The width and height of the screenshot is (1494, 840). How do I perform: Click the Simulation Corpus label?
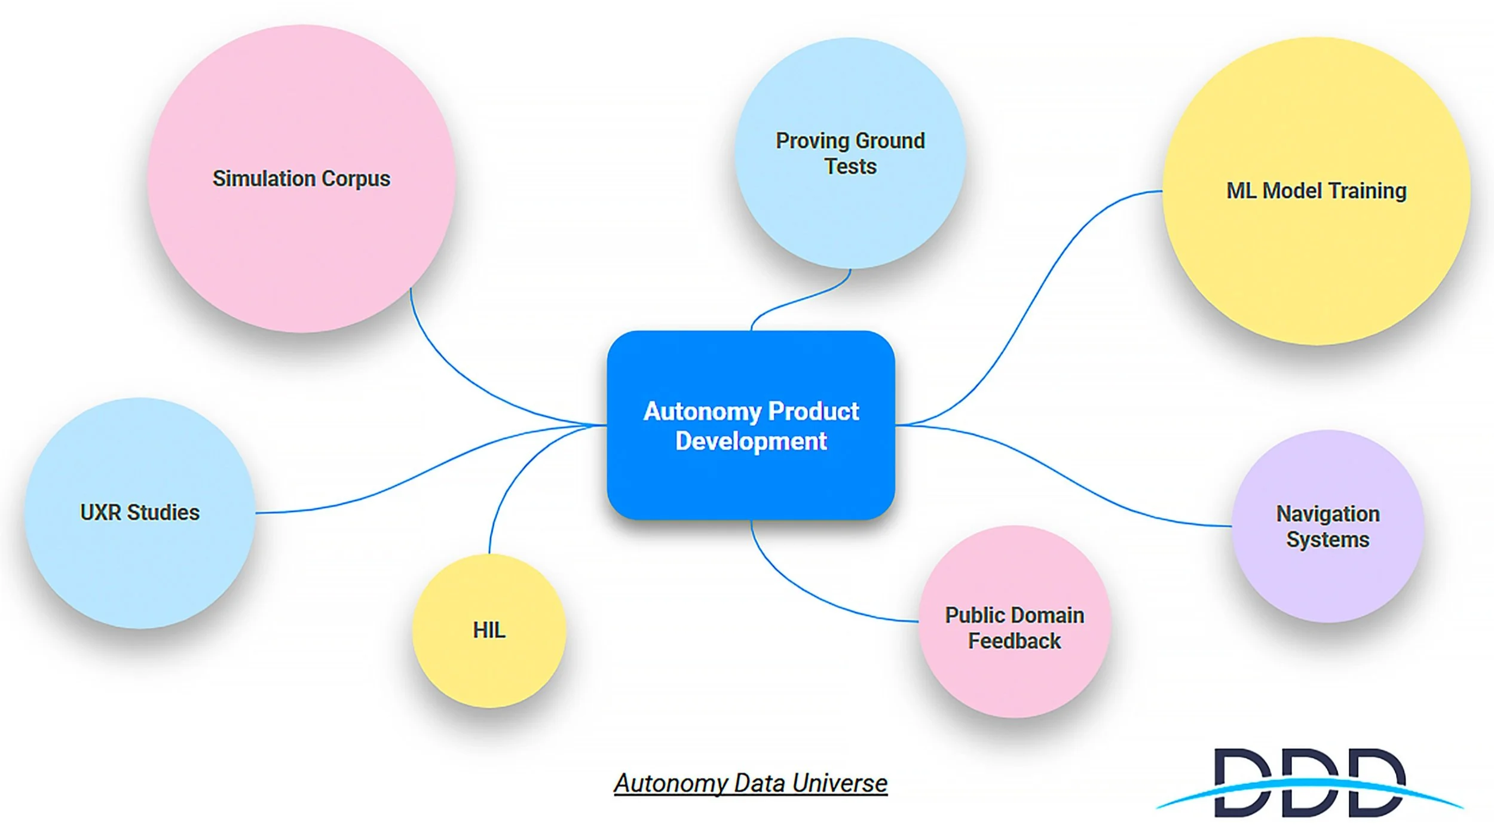pyautogui.click(x=301, y=179)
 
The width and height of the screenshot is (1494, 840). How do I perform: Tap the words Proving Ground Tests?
pyautogui.click(x=850, y=154)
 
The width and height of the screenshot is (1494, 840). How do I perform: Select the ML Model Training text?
pyautogui.click(x=1316, y=191)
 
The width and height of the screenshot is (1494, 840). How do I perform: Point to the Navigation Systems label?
pyautogui.click(x=1327, y=526)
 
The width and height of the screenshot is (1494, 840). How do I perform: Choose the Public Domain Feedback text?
pyautogui.click(x=1014, y=628)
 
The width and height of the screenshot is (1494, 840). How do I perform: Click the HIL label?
pyautogui.click(x=489, y=630)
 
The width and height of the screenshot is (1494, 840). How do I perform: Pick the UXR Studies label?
pyautogui.click(x=140, y=513)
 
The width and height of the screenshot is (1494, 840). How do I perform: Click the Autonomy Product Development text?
pyautogui.click(x=751, y=426)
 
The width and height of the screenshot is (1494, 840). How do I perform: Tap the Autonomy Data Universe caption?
pyautogui.click(x=751, y=783)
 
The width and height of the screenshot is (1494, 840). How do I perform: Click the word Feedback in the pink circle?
pyautogui.click(x=1014, y=641)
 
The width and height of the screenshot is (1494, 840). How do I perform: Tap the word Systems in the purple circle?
pyautogui.click(x=1327, y=539)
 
